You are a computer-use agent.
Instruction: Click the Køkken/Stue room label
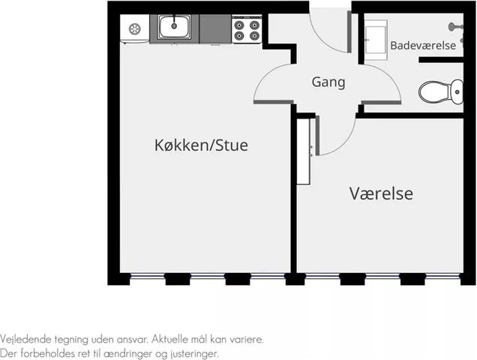pos(201,145)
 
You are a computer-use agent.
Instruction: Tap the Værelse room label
pos(381,193)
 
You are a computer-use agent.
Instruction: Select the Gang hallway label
pos(328,82)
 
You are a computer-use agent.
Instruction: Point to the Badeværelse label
pos(423,46)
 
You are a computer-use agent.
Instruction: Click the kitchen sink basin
pos(174,27)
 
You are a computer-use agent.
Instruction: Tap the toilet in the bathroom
pos(441,91)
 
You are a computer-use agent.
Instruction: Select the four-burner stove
pos(247,29)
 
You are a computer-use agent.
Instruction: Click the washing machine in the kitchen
pos(135,29)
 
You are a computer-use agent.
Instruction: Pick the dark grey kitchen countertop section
pos(215,29)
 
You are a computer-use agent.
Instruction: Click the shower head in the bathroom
pos(455,27)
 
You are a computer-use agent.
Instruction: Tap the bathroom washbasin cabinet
pos(376,40)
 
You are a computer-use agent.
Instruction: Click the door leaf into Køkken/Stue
pos(274,102)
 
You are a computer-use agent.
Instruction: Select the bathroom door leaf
pos(381,102)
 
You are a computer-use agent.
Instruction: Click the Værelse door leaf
pos(317,136)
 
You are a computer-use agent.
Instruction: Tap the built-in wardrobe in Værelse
pos(303,151)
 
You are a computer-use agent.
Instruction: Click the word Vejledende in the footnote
pos(25,339)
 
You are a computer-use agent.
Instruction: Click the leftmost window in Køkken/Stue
pos(148,276)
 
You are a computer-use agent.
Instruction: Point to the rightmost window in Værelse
pos(443,276)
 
